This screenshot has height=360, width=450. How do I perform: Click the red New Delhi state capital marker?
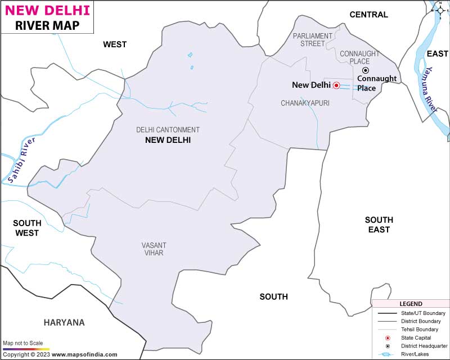coord(336,85)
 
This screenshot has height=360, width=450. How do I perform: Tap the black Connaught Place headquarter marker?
coord(365,70)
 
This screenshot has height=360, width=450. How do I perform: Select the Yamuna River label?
coord(431,89)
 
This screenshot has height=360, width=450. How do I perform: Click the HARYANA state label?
coord(64,322)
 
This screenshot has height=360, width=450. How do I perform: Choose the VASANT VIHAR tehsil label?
coord(154,249)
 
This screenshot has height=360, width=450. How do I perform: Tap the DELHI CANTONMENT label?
coord(168,129)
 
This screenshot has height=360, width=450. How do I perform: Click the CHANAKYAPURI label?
coord(305,103)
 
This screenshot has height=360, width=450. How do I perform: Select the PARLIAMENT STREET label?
coord(313,39)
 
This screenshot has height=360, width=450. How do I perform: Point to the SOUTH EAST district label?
coord(379,224)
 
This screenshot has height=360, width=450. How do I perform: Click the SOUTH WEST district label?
coord(26,228)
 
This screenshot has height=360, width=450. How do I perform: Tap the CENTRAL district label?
coord(368,15)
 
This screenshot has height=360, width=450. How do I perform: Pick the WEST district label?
coord(115,44)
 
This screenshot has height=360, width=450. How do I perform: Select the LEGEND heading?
coord(410,303)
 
